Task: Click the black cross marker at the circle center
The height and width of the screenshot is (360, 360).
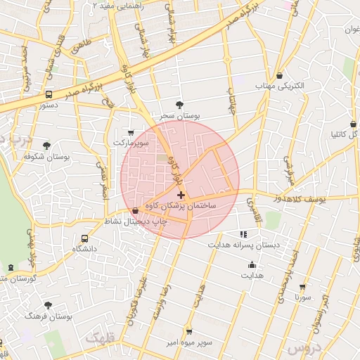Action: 181,195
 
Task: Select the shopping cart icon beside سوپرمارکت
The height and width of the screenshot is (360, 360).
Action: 131,132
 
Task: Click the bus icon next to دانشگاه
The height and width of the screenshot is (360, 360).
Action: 86,238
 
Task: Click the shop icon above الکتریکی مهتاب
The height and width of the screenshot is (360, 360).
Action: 280,75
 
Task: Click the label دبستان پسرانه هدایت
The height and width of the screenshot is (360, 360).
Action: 243,245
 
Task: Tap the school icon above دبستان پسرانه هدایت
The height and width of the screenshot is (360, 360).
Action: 243,234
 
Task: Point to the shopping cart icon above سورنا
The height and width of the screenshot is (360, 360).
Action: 302,287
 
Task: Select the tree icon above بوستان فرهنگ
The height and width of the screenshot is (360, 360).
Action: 48,305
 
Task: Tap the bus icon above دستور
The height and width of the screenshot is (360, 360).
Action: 48,94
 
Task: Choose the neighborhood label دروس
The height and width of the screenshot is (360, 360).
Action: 305,348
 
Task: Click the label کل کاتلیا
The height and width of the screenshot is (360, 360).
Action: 345,134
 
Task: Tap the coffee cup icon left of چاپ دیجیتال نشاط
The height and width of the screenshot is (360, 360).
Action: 136,210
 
